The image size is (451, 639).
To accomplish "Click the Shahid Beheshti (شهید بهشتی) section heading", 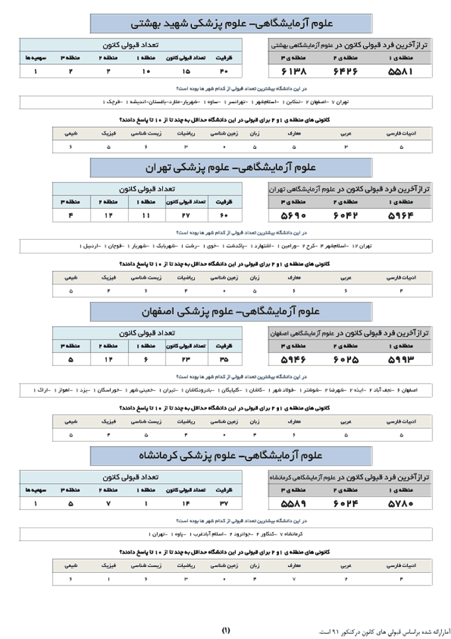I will [231, 24].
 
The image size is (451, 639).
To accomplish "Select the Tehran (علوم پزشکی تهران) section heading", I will [231, 168].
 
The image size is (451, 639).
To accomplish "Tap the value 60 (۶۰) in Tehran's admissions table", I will [224, 215].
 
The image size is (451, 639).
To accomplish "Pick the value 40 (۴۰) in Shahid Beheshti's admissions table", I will [224, 71].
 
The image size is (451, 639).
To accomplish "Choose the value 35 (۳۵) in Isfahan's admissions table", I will [224, 359].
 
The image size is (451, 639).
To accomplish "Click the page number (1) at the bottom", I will [225, 629].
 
